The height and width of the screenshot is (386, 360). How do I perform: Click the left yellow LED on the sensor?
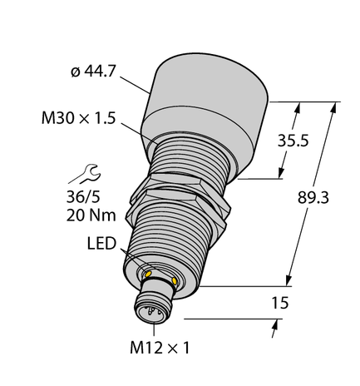click(x=149, y=273)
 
